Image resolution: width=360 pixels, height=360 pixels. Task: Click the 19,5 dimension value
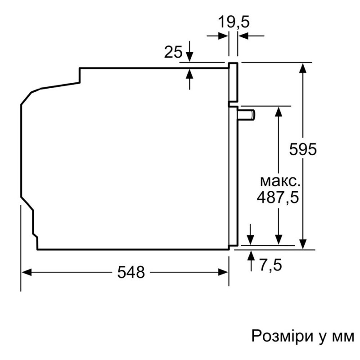click(233, 22)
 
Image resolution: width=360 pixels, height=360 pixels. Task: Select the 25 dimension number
click(173, 52)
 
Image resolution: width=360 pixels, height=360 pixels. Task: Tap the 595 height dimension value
click(302, 149)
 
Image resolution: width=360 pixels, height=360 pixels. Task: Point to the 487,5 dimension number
click(278, 198)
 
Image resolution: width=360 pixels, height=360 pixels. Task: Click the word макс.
click(280, 181)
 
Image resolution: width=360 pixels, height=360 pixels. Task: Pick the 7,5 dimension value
click(270, 265)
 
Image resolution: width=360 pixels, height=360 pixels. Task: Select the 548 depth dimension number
click(131, 272)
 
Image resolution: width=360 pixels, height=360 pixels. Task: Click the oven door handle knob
click(247, 115)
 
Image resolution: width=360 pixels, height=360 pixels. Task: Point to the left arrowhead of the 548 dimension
click(26, 273)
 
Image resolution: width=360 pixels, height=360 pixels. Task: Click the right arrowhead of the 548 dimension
click(223, 273)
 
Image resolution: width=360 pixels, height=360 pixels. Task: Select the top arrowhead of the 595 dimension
click(303, 68)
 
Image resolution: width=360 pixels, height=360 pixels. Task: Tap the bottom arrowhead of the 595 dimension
click(303, 244)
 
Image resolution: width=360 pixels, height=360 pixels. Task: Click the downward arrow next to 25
click(189, 51)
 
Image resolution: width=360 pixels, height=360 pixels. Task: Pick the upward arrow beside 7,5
click(252, 261)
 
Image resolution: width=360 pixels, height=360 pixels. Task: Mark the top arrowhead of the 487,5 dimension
click(279, 111)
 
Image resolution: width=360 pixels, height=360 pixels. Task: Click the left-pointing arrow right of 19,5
click(251, 36)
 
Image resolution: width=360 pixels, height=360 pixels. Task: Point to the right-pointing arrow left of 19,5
click(217, 36)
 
